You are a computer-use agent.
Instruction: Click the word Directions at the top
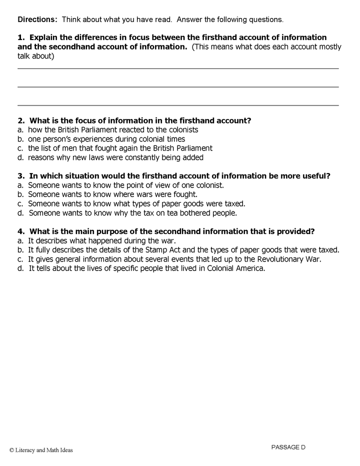tap(36, 20)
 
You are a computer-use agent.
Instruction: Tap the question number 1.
tap(20, 37)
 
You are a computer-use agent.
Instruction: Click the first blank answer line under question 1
tap(178, 68)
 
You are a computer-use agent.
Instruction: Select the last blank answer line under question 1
tap(178, 105)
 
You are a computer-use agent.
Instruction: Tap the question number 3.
tap(20, 175)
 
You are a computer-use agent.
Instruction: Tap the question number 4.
tap(20, 231)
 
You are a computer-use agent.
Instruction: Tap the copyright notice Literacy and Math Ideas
tap(41, 450)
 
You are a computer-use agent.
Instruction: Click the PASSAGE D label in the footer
tap(288, 447)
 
